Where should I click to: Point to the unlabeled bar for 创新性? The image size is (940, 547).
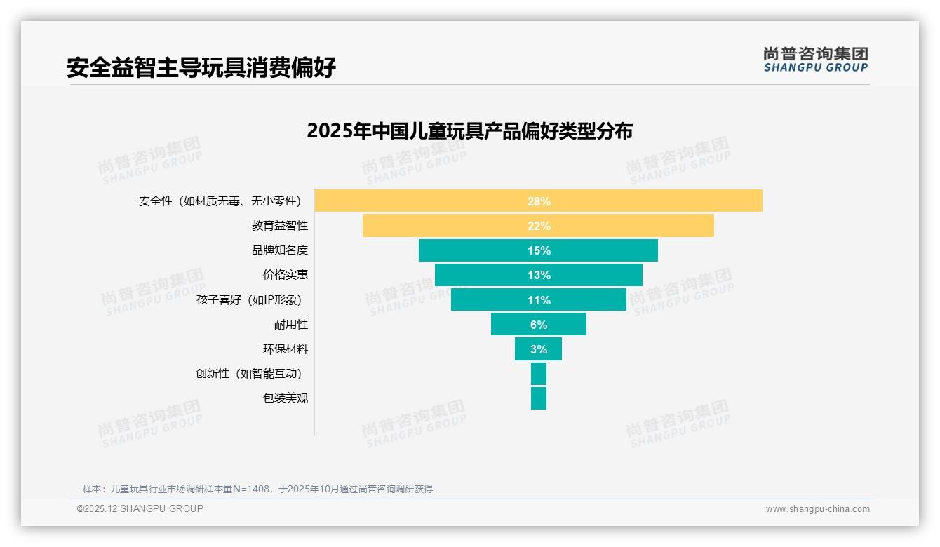coord(538,373)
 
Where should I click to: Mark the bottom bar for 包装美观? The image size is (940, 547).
coord(538,398)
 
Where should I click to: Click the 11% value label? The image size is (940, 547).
coord(539,300)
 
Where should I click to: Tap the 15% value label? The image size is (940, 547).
coord(539,250)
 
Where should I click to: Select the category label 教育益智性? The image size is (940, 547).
coord(279,226)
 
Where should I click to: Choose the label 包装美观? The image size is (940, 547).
coord(285,398)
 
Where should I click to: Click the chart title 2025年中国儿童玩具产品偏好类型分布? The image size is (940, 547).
coord(469,131)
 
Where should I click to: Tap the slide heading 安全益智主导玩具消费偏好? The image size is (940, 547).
coord(201,67)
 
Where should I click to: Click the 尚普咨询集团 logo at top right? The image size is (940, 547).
coord(815,60)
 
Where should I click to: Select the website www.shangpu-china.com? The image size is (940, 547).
coord(817,509)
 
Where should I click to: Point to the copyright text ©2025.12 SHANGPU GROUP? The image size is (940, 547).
coord(140,508)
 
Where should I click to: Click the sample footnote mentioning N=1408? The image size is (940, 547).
coord(257,489)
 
